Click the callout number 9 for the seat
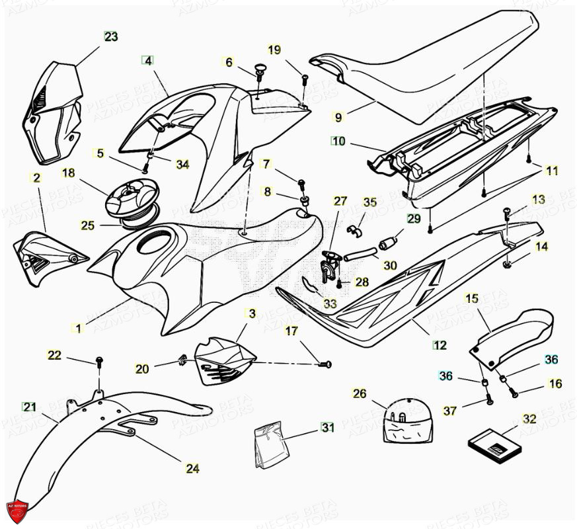tap(338, 118)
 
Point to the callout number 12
tap(440, 345)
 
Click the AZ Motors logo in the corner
tap(19, 510)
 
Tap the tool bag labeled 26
tap(408, 421)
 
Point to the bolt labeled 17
tap(325, 364)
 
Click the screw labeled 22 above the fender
tap(100, 360)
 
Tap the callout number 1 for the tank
tap(79, 328)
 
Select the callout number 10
tap(338, 141)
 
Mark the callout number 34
tap(182, 164)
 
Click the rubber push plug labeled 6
tap(259, 69)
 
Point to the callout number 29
tap(413, 218)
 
